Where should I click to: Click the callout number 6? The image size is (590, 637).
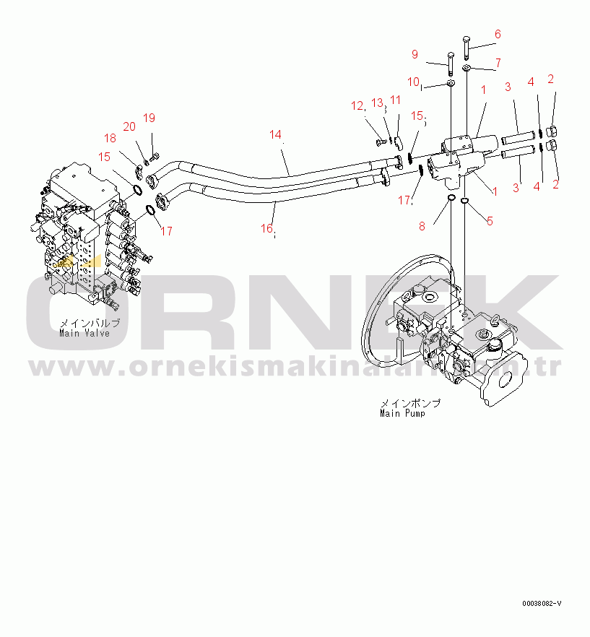[x=497, y=34]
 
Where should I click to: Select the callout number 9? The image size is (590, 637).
[x=415, y=54]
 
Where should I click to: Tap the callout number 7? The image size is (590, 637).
[x=498, y=63]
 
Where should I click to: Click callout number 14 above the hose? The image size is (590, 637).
[x=274, y=134]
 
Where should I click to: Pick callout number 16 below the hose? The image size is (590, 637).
[x=266, y=228]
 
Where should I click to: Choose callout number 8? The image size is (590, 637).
[x=422, y=226]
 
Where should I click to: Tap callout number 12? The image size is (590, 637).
[x=357, y=106]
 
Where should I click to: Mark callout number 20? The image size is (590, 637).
[x=129, y=127]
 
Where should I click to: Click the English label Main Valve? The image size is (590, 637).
[x=85, y=333]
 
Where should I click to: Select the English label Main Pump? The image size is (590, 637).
[x=402, y=413]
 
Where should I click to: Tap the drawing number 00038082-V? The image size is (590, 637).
[x=542, y=603]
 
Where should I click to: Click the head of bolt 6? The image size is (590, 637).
[x=465, y=40]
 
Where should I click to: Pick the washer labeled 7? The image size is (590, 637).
[x=466, y=69]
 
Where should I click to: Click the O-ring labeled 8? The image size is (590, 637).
[x=450, y=198]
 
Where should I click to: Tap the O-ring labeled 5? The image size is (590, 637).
[x=465, y=200]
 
